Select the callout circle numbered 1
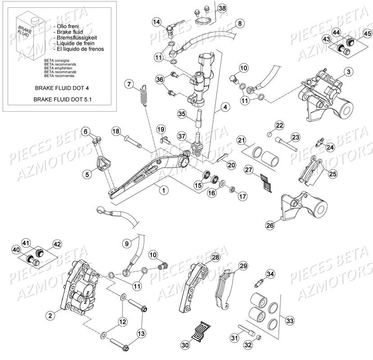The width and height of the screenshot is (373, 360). coord(152,190)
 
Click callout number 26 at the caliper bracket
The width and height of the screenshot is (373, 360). coord(269,225)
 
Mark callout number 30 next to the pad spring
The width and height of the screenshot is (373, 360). coord(185,345)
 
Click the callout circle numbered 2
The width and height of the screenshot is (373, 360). coord(51,315)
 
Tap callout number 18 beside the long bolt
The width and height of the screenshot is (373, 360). coord(116,131)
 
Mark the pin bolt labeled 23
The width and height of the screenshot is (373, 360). coord(287,144)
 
